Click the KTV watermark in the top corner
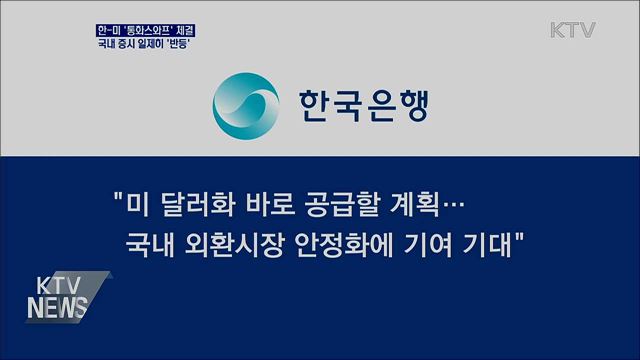572,29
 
